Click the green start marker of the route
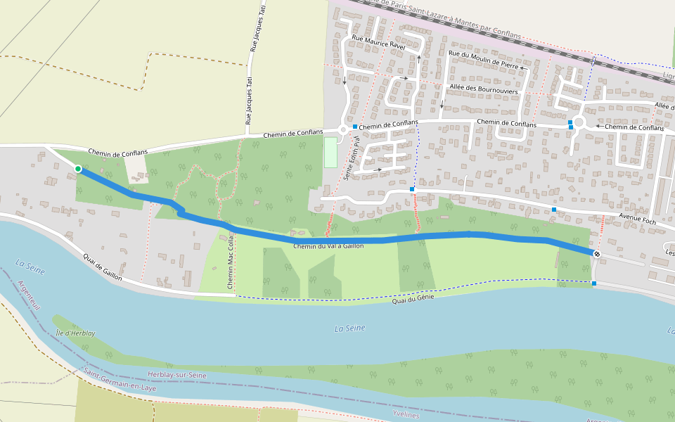78,169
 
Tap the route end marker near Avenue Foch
597,253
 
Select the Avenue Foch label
637,221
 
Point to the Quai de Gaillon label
102,267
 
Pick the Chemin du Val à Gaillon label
328,245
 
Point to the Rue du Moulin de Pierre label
482,58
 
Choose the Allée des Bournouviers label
483,90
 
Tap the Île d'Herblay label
75,333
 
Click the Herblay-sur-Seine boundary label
178,375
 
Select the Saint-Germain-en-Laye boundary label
120,379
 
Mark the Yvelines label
405,415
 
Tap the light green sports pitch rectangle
330,152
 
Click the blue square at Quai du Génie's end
594,283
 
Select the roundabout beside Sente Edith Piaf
343,129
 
